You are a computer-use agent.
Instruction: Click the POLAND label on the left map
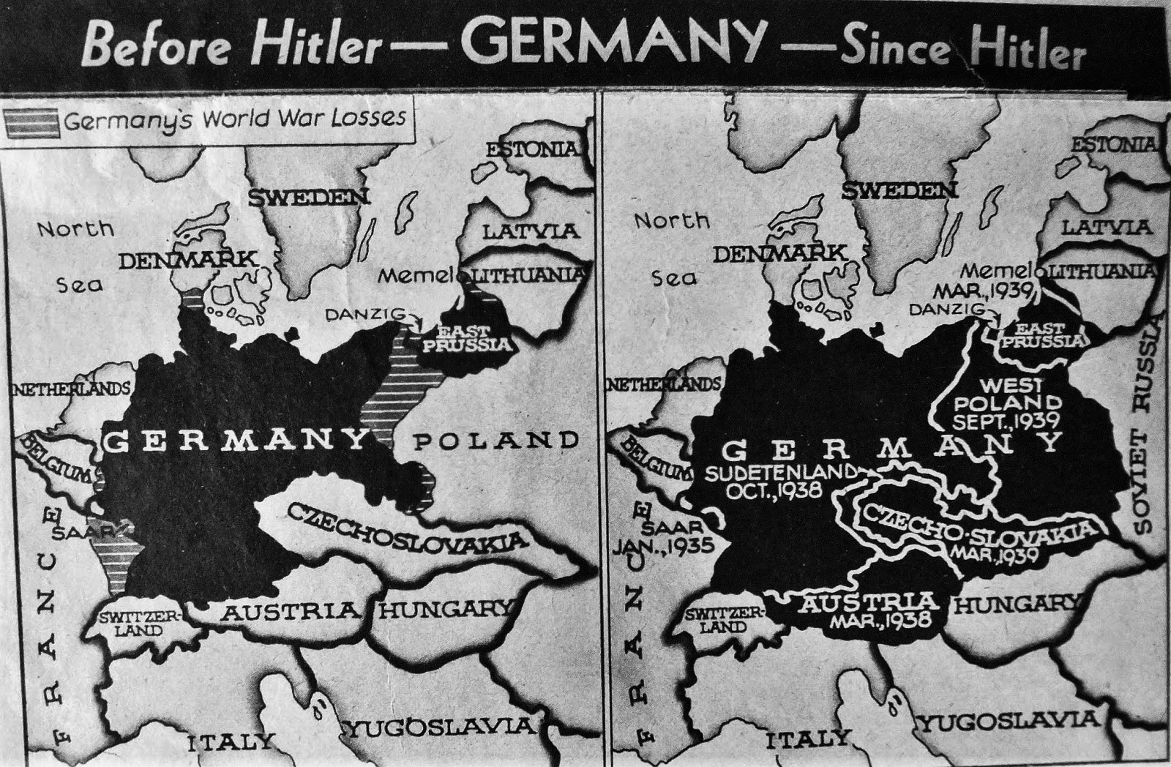(495, 441)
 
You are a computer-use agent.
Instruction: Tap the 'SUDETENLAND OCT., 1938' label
(779, 480)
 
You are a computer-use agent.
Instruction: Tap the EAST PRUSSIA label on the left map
(466, 338)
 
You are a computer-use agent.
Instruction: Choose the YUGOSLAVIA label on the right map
(1009, 722)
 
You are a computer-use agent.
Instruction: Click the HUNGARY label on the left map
(444, 609)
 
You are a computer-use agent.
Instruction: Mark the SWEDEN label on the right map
(899, 191)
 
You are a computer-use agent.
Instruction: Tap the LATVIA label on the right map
(1106, 228)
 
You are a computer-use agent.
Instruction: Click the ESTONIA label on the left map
(533, 149)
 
